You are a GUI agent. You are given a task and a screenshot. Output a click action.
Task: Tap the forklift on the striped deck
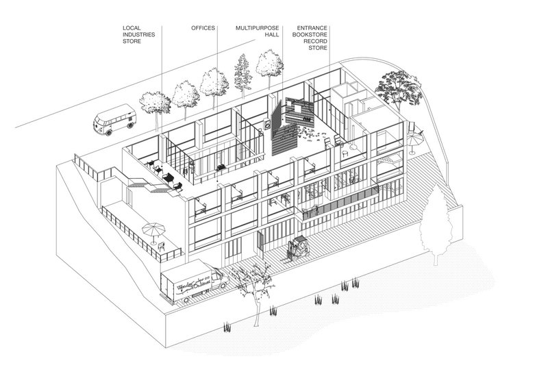(299, 249)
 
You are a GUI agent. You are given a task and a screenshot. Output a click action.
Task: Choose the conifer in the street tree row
(240, 73)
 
